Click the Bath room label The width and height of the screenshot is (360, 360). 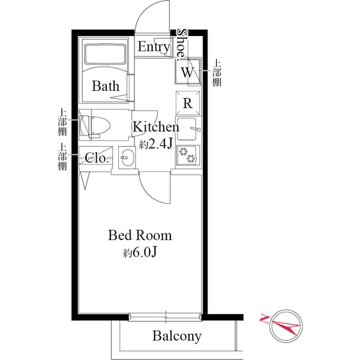click(106, 86)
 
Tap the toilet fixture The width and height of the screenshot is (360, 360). click(94, 126)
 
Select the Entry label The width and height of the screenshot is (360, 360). click(154, 47)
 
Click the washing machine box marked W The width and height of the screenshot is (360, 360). click(187, 71)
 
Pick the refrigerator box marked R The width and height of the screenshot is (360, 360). click(188, 103)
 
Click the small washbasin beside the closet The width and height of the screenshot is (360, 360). click(127, 157)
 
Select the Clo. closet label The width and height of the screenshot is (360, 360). click(96, 157)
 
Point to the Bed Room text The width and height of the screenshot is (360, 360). click(139, 235)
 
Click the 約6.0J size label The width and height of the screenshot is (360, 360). click(140, 253)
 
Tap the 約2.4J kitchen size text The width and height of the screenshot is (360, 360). click(156, 145)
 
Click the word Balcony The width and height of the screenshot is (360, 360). click(177, 336)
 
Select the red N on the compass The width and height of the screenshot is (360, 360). click(264, 318)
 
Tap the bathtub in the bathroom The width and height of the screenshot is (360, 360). click(105, 54)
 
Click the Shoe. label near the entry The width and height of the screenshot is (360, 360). click(181, 44)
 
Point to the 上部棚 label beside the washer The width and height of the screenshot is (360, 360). click(216, 73)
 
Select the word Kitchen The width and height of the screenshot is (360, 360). click(156, 127)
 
